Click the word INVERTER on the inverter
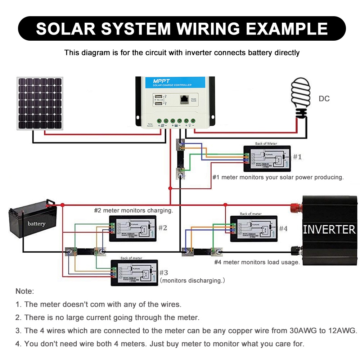(x=329, y=229)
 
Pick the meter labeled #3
(x=134, y=273)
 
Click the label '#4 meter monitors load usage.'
(x=257, y=262)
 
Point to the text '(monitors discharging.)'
(x=192, y=280)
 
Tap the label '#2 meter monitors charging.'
(x=134, y=210)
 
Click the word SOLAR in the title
(x=67, y=28)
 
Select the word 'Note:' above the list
(x=24, y=291)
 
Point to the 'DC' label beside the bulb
(x=324, y=99)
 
